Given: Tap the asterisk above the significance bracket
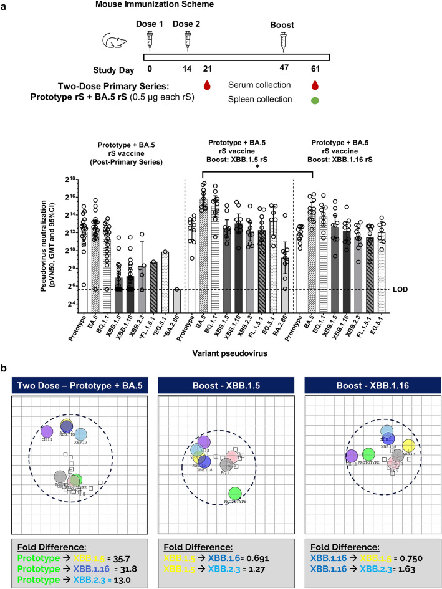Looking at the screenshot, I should (257, 168).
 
